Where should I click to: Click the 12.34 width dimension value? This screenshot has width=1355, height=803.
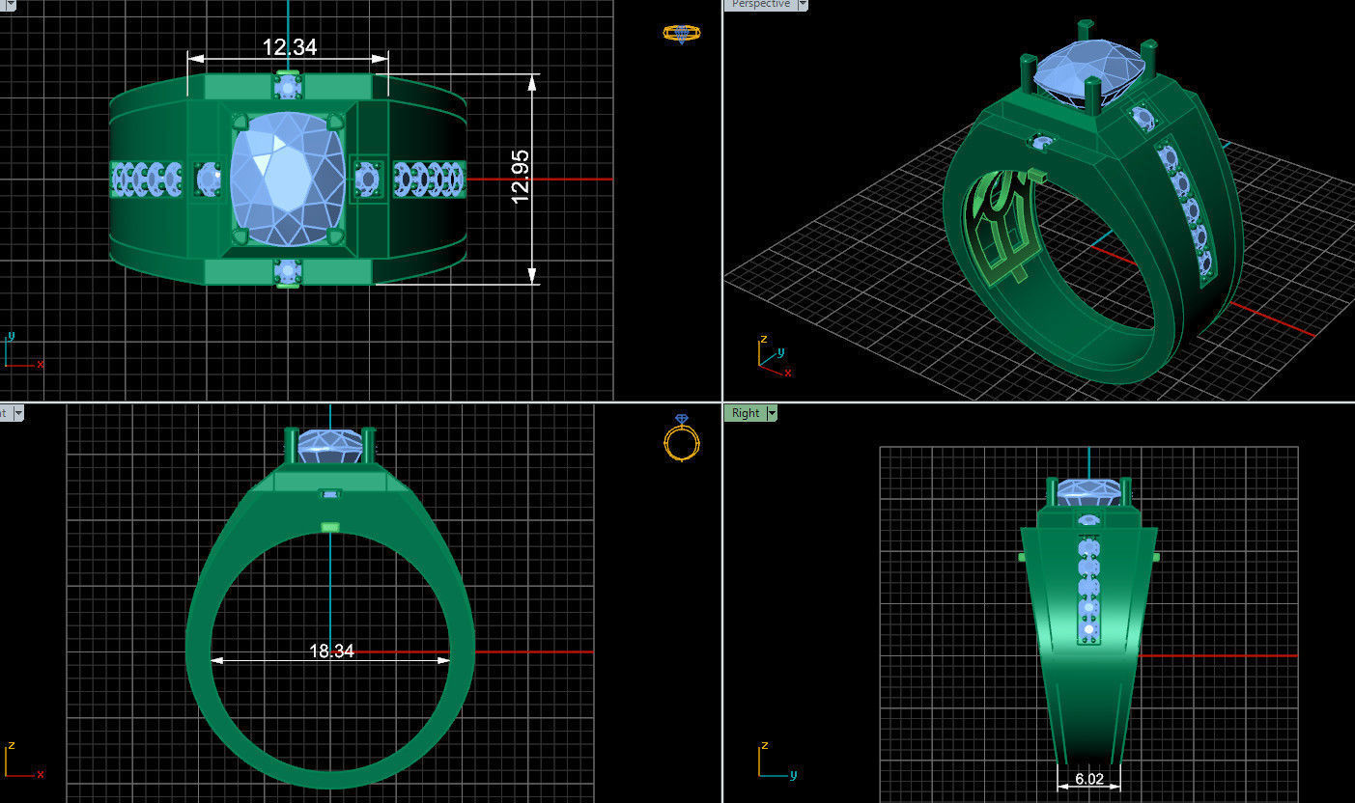coord(289,47)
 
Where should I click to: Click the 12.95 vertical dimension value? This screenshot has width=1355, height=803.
coord(521,177)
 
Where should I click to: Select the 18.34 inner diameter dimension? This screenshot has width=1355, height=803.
coord(331,651)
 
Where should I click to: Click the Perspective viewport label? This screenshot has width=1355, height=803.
coord(760,5)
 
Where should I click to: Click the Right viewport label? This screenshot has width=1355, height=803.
coord(745,413)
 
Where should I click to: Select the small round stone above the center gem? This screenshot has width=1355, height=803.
coord(288,88)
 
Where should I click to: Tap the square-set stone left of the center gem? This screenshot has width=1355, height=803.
coord(208,179)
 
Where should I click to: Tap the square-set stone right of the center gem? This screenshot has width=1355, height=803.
coord(367,179)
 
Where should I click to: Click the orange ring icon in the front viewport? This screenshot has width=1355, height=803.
coord(682,439)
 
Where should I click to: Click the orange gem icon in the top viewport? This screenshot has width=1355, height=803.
coord(682,33)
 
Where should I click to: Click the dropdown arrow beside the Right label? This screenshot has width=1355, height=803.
coord(772,413)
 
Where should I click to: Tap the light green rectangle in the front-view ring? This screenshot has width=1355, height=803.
coord(330,527)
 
